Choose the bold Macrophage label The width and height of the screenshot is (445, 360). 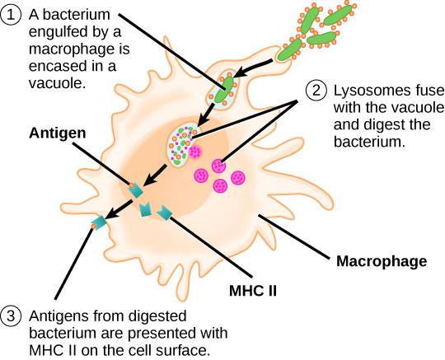point(381,263)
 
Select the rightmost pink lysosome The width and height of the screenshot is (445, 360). point(237,179)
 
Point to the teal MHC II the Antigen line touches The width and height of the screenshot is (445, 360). point(133,189)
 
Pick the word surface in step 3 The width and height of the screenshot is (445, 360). point(193,350)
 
